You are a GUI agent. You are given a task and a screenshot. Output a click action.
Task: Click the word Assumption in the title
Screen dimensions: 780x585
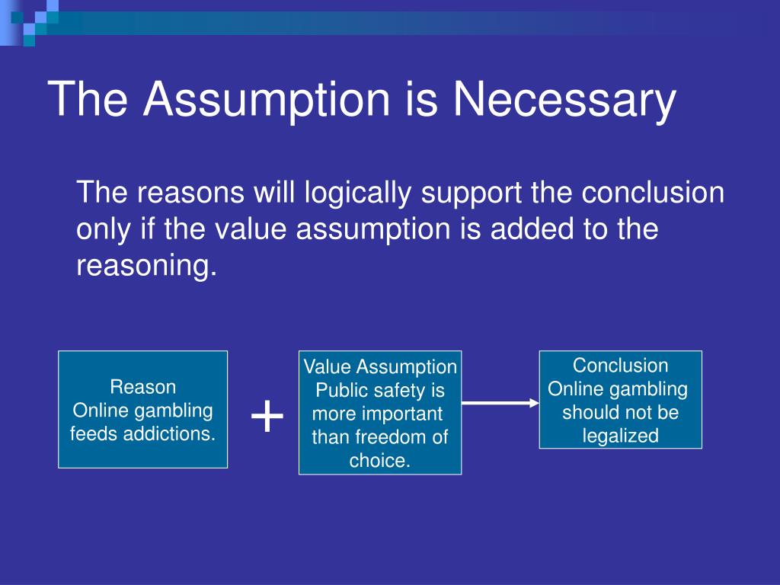[266, 100]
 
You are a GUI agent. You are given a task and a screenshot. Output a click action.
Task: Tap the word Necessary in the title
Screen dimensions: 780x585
[564, 100]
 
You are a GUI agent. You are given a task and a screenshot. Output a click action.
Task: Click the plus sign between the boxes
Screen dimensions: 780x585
[267, 416]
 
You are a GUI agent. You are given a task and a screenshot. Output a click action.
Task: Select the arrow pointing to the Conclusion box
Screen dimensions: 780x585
[500, 403]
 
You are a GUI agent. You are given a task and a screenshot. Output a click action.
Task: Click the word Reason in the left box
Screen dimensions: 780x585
[142, 387]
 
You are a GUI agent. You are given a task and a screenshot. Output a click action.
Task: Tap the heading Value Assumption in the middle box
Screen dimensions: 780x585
[380, 367]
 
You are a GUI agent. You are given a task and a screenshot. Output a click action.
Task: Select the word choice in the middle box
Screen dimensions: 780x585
[379, 461]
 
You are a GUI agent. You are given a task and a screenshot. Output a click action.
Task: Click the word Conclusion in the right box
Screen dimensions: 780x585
[620, 366]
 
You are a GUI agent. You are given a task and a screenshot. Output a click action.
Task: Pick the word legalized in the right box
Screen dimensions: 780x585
[621, 436]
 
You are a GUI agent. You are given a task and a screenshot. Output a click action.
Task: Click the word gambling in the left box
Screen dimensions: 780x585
[174, 411]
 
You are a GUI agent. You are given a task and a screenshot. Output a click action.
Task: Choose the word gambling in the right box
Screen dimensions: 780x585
[649, 389]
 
